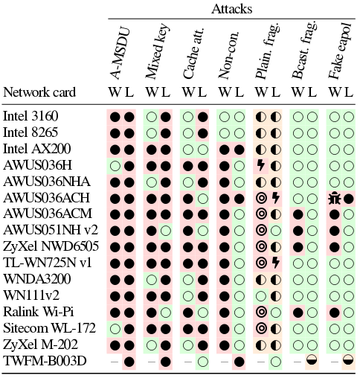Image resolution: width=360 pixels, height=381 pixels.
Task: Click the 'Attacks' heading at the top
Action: click(x=232, y=9)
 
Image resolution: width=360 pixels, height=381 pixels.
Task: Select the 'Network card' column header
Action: click(x=39, y=92)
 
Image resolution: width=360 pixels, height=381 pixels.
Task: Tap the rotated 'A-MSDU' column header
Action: click(x=120, y=54)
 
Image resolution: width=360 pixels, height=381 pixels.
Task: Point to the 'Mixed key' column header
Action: click(x=157, y=51)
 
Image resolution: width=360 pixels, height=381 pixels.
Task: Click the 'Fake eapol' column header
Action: click(x=340, y=51)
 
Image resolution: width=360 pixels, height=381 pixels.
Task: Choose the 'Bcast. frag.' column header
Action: click(x=303, y=51)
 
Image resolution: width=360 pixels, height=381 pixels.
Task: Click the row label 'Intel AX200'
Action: click(x=37, y=149)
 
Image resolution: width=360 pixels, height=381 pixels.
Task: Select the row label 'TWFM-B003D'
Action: click(x=45, y=361)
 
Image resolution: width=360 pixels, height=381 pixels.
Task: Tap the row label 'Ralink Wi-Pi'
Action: click(x=39, y=312)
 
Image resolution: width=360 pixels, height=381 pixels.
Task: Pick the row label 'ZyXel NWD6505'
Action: click(x=51, y=246)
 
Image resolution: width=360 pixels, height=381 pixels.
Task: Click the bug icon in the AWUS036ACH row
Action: click(x=335, y=199)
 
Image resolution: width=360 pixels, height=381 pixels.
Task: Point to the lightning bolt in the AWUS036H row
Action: click(x=260, y=165)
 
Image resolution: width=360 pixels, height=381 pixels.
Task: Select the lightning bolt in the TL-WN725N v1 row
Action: click(x=275, y=263)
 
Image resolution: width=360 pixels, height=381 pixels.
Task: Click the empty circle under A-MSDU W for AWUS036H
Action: click(x=115, y=166)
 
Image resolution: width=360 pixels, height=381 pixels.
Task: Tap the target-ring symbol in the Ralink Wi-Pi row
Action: click(x=262, y=312)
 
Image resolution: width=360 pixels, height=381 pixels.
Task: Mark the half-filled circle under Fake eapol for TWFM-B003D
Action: click(x=348, y=360)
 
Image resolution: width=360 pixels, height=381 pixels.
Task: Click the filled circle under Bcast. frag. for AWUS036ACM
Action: click(x=298, y=214)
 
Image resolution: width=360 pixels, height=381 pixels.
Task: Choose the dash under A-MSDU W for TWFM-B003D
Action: click(x=115, y=362)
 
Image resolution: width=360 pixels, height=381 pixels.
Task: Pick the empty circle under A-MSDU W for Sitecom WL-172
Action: click(x=115, y=329)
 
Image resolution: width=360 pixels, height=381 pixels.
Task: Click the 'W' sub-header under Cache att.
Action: click(x=188, y=92)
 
